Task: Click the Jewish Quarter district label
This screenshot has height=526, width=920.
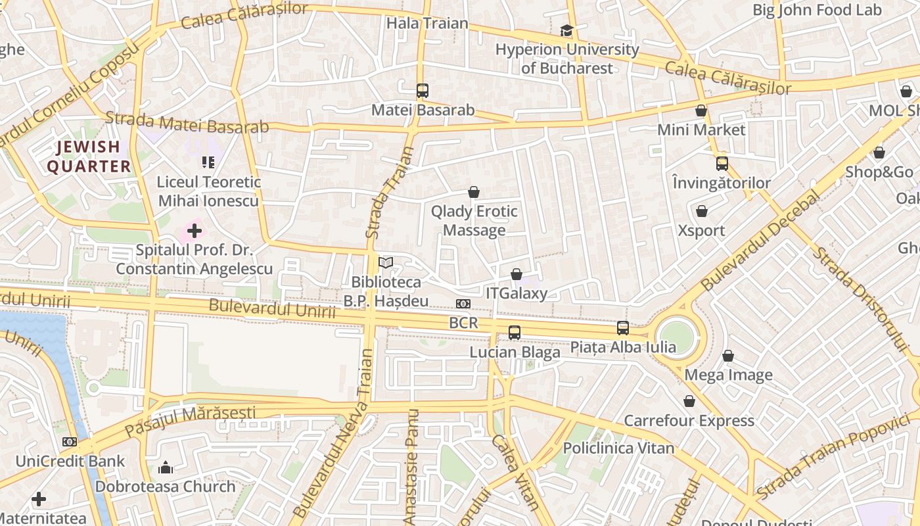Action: [x=89, y=156]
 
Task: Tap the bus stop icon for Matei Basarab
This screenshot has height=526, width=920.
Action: [x=422, y=91]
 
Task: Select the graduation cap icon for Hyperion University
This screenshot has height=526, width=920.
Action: [x=566, y=30]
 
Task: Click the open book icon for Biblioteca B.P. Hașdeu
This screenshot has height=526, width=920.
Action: [x=386, y=263]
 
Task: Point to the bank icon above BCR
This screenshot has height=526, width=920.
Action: [x=463, y=304]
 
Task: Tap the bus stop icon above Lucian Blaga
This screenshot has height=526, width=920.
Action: [x=515, y=333]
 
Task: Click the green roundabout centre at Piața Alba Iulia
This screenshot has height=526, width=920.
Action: [x=677, y=337]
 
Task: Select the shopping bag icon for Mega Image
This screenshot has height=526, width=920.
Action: [x=728, y=356]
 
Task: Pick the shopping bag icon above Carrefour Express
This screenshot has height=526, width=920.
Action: [x=689, y=401]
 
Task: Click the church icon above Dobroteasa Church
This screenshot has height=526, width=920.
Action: [x=166, y=467]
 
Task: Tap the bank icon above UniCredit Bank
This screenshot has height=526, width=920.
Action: [x=70, y=442]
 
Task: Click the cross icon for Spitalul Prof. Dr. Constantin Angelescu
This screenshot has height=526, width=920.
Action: [x=195, y=231]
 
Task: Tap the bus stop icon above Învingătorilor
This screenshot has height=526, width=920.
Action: [x=722, y=164]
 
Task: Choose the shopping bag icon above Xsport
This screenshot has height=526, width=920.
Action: [x=702, y=211]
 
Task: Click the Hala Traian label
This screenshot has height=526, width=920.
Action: [x=427, y=24]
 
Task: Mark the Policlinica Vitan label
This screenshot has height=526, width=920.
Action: [x=618, y=448]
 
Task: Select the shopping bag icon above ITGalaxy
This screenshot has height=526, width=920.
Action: [x=517, y=274]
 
